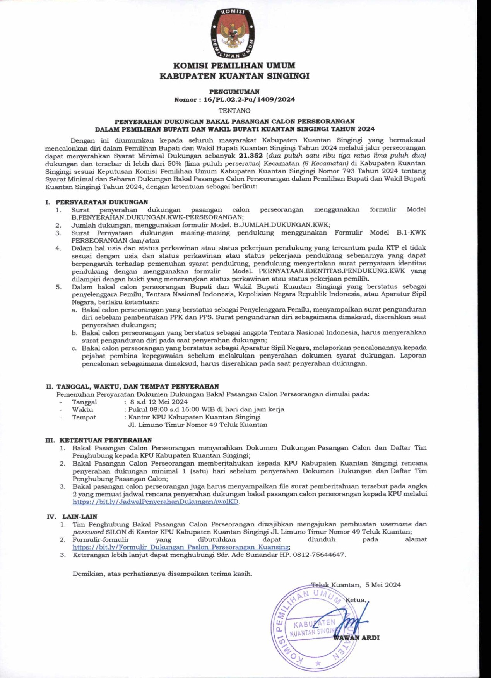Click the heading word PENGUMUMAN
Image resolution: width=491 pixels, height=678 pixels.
pos(234,92)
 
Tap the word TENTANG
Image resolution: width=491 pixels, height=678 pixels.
pos(234,111)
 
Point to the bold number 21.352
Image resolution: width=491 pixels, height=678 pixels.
pos(251,156)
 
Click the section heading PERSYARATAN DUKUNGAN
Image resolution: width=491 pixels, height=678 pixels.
pos(102,202)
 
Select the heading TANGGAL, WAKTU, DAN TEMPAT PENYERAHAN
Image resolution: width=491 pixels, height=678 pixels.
pos(137,386)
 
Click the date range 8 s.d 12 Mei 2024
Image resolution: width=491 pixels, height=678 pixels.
pos(159,402)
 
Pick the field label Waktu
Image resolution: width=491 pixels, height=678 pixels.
pos(82,409)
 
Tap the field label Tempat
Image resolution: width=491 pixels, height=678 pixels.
pos(84,417)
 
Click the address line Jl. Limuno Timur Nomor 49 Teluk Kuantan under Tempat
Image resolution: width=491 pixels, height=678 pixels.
pos(198,425)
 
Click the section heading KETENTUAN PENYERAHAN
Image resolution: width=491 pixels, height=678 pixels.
pos(105,440)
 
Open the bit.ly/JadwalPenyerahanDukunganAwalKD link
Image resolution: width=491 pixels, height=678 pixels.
pos(156,502)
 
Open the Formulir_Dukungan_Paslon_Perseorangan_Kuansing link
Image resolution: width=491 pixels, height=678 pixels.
pos(181,547)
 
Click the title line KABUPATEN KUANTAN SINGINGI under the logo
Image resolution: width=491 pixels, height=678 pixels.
pos(234,76)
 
